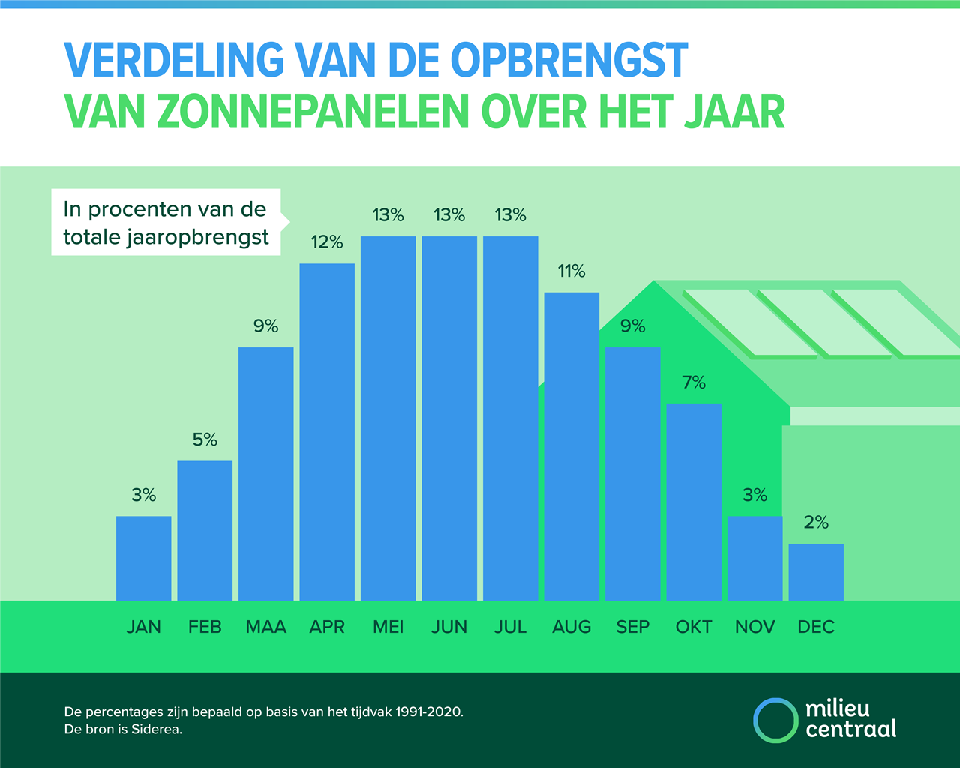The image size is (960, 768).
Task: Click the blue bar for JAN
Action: [143, 558]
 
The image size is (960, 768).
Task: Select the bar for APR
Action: [327, 432]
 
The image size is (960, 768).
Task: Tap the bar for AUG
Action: [571, 446]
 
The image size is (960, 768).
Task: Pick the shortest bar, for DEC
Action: [816, 572]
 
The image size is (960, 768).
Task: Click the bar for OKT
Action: [694, 502]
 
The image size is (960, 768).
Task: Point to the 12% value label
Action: [327, 242]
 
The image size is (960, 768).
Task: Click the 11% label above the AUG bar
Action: [571, 271]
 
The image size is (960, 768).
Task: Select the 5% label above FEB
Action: [205, 439]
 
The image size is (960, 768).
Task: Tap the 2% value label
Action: [816, 522]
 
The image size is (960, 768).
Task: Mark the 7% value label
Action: [694, 382]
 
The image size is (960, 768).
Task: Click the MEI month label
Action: [388, 627]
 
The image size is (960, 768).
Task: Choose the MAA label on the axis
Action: [266, 627]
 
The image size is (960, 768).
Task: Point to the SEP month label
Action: [632, 627]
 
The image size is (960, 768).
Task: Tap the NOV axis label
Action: [754, 627]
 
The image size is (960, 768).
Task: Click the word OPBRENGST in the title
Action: [571, 60]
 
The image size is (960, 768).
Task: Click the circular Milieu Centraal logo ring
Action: [775, 720]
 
